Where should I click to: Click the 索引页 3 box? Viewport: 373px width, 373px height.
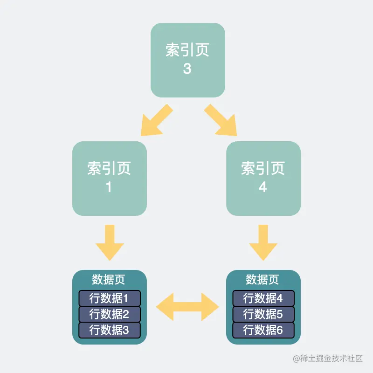click(187, 60)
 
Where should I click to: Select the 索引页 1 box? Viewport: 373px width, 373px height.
click(110, 178)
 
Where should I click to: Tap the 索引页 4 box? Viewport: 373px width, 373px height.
click(263, 178)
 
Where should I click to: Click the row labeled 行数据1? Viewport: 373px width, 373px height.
click(109, 298)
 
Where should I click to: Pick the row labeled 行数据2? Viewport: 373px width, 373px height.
click(109, 314)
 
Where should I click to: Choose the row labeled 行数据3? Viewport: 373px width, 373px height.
click(109, 330)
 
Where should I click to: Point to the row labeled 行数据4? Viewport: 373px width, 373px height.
click(263, 298)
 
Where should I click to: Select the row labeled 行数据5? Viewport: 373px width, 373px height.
click(263, 314)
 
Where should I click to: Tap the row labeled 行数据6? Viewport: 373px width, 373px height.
click(263, 330)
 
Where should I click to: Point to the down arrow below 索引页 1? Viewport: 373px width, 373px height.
click(110, 242)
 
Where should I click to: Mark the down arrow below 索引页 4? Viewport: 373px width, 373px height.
click(263, 242)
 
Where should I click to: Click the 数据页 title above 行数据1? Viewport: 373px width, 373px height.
click(109, 280)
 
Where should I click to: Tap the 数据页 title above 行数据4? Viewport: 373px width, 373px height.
click(262, 280)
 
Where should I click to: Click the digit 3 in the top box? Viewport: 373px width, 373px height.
click(187, 69)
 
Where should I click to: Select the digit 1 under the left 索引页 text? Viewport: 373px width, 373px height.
click(109, 187)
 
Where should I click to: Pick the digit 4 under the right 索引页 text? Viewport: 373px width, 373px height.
click(263, 187)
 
